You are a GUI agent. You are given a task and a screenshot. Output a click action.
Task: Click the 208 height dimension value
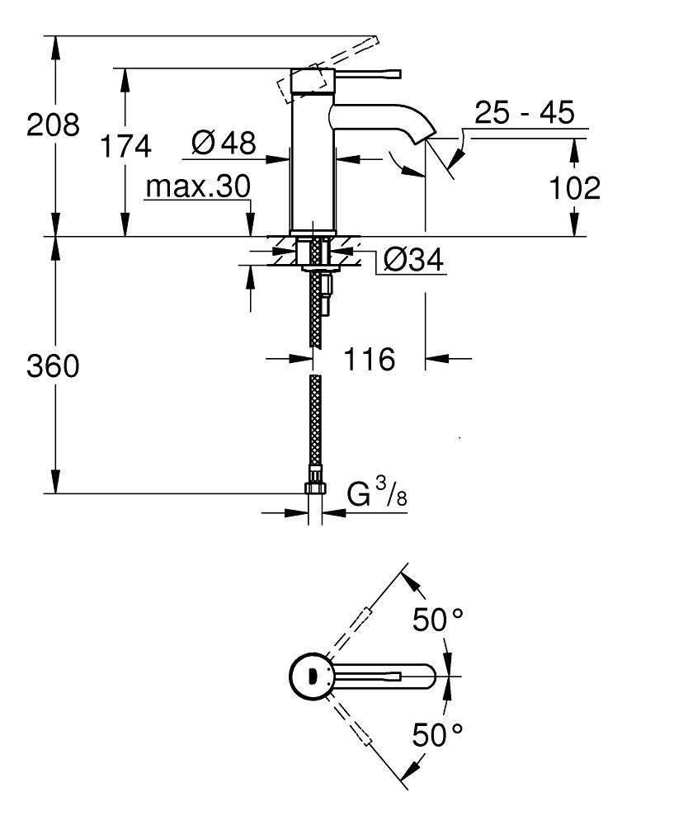(x=54, y=126)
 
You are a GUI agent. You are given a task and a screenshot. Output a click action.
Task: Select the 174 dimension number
(x=125, y=147)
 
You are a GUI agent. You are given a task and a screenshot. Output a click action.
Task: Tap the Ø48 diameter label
(x=223, y=144)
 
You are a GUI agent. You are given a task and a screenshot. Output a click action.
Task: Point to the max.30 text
(x=197, y=187)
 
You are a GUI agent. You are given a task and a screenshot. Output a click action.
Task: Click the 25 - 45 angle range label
(x=523, y=112)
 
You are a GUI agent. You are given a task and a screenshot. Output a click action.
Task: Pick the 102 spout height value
(x=575, y=188)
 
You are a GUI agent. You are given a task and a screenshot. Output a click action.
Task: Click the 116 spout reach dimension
(x=369, y=359)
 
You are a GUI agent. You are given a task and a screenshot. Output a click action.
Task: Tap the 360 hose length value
(x=54, y=366)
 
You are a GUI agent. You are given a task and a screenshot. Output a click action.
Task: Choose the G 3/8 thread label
(x=376, y=495)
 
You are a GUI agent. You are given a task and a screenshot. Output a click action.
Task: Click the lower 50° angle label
(x=438, y=733)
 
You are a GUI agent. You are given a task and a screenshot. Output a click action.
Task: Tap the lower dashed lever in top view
(x=363, y=734)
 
